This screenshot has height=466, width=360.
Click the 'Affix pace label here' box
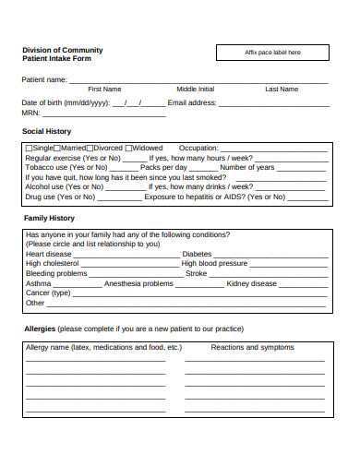tap(271, 53)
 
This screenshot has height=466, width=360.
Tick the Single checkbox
tap(29, 148)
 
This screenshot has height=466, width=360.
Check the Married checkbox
tap(57, 148)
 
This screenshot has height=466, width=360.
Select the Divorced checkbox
tap(90, 148)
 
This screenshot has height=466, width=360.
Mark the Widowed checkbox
tap(130, 148)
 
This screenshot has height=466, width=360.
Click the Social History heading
tap(46, 131)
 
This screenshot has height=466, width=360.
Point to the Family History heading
tap(49, 218)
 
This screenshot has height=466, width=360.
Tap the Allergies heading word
tap(39, 329)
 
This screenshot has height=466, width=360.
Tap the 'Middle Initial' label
tap(195, 89)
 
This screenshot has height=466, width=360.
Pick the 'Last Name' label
tap(282, 89)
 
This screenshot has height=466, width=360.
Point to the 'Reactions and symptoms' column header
tap(252, 348)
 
